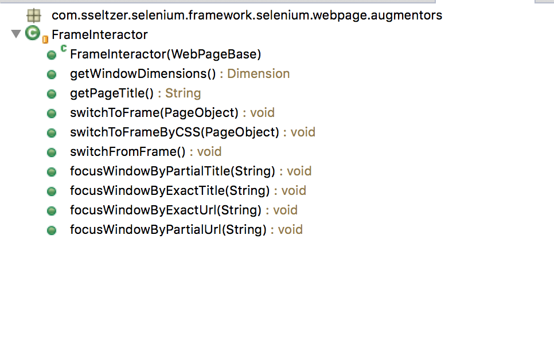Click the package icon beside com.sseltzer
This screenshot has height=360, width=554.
point(34,15)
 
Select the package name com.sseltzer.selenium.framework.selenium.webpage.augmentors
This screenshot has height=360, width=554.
point(247,15)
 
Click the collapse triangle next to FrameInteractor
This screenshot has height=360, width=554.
point(15,34)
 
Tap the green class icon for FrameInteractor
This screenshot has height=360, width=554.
point(32,34)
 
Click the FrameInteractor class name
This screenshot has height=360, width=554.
point(99,35)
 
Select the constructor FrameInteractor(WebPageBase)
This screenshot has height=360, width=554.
point(165,54)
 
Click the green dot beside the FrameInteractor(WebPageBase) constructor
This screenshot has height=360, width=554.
point(52,55)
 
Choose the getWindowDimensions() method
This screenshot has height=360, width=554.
point(142,74)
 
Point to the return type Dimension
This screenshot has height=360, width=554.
point(258,74)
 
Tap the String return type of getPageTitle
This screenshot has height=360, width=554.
point(183,93)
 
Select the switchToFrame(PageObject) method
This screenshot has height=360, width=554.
point(154,113)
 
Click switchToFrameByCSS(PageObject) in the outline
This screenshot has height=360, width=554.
point(174,132)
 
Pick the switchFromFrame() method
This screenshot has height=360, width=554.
point(128,152)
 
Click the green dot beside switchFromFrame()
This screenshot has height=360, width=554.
point(52,152)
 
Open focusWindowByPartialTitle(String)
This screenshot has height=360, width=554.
point(173,171)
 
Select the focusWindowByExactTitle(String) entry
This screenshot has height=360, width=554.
point(170,191)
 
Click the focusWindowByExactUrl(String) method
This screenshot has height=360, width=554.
point(165,210)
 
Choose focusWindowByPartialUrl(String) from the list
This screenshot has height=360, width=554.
point(168,230)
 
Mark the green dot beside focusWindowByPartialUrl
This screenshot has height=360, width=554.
point(52,230)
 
